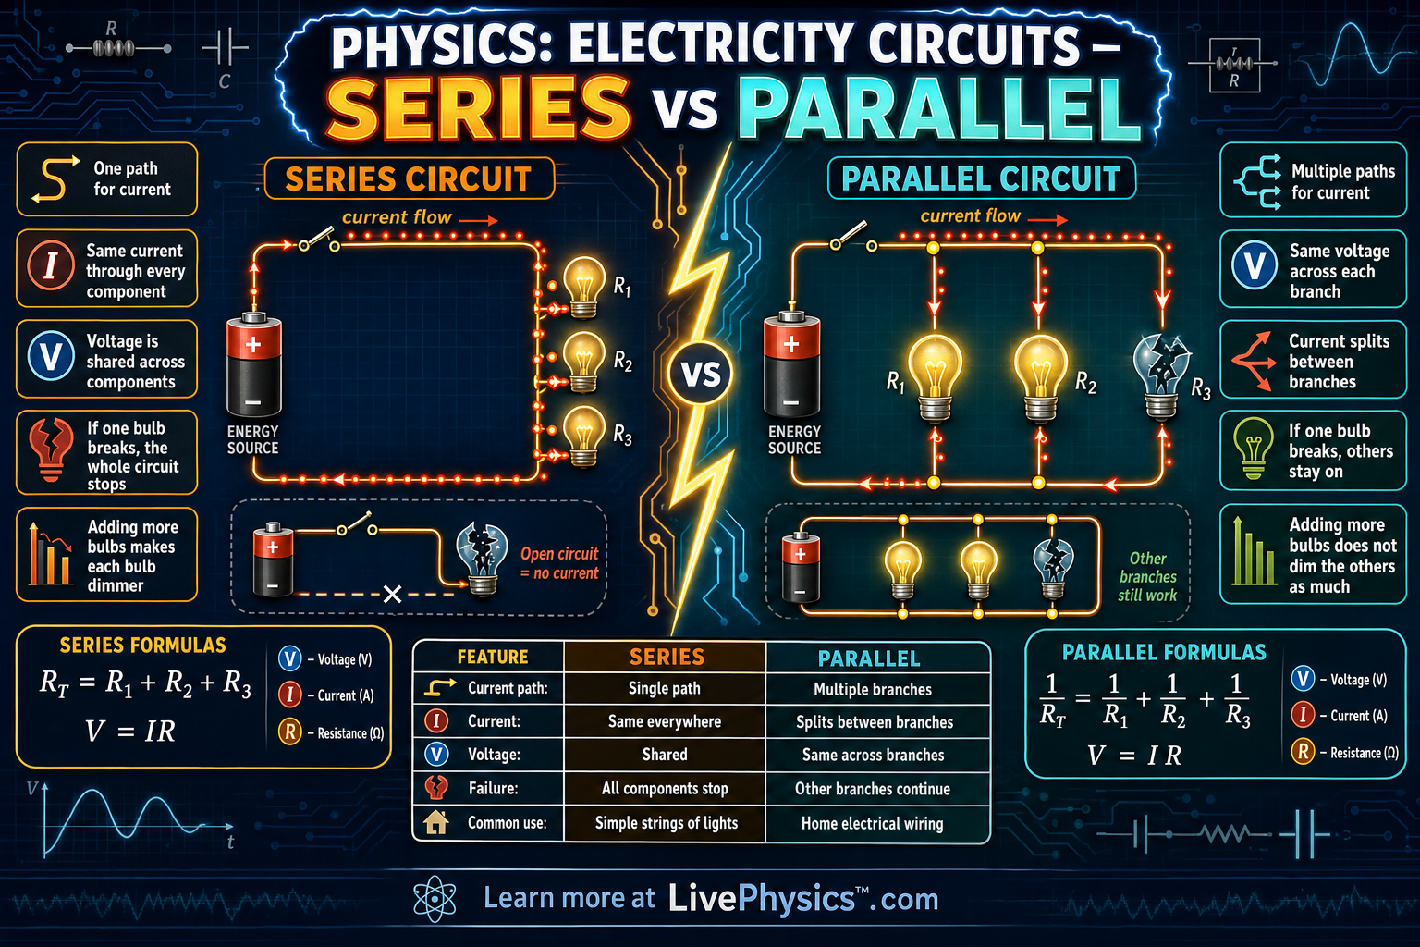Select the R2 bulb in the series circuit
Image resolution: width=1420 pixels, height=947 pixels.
[x=583, y=362]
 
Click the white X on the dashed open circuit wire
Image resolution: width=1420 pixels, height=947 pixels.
[x=392, y=595]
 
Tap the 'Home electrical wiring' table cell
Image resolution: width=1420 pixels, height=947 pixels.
[x=873, y=823]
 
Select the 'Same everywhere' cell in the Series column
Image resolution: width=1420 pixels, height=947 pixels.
[x=665, y=721]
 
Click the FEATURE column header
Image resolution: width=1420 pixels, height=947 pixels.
[x=493, y=657]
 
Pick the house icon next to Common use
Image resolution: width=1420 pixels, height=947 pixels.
[x=436, y=822]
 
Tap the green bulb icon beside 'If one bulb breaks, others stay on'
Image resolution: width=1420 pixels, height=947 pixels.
[x=1254, y=448]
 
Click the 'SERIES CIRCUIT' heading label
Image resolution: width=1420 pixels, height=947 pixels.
[x=409, y=178]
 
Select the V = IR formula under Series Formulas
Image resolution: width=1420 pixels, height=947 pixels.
[x=130, y=731]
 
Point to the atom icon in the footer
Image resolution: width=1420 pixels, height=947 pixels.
[x=435, y=899]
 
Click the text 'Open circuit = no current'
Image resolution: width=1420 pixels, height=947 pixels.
[x=559, y=563]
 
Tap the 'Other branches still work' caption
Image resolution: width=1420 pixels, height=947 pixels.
[x=1147, y=576]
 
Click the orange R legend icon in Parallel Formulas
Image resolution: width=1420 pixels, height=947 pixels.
[x=1303, y=752]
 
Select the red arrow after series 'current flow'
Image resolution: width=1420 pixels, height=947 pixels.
[x=479, y=220]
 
